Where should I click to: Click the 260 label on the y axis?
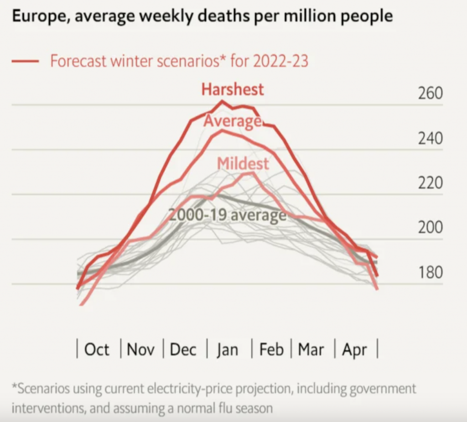[430, 94]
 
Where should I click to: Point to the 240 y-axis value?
[430, 138]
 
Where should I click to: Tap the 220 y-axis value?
[430, 183]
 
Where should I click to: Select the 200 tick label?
[430, 228]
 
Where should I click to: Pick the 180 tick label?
[430, 272]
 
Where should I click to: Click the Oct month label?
[97, 350]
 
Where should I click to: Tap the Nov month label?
[140, 350]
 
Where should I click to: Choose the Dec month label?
[183, 350]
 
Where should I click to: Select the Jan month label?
[227, 350]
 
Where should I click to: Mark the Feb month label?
[271, 350]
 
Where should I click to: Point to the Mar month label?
[311, 350]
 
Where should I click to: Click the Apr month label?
[354, 350]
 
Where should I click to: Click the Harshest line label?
[233, 89]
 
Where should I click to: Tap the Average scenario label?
[232, 121]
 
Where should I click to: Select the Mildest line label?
[243, 163]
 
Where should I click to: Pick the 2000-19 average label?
[228, 214]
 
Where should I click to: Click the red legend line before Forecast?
[26, 61]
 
